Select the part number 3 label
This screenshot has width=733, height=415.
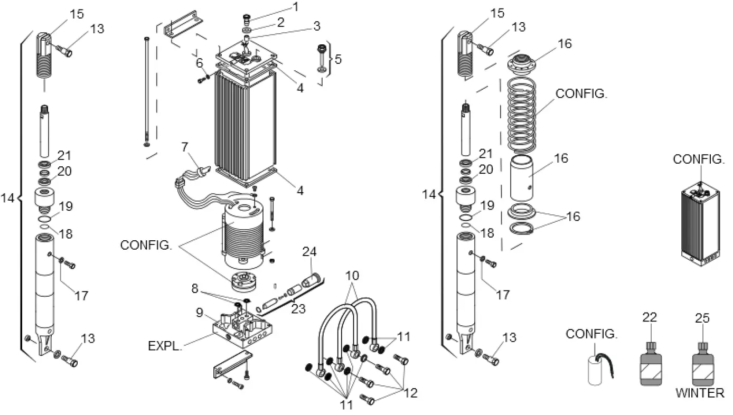[x=316, y=25]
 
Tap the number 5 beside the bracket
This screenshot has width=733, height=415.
[x=338, y=59]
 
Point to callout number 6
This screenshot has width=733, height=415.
[x=199, y=63]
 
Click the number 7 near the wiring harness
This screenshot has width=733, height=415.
[x=185, y=148]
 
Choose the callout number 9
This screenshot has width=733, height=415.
[x=199, y=313]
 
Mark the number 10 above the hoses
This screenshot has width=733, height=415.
[x=352, y=276]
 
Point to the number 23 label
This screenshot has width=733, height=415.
[x=298, y=309]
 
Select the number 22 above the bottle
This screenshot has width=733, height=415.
[x=649, y=318]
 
